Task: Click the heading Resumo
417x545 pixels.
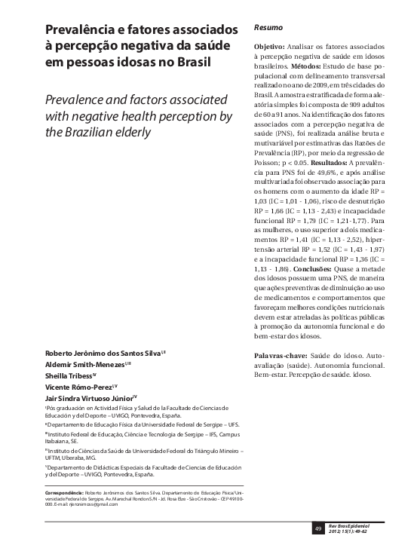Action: (268, 27)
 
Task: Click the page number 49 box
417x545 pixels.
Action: (318, 526)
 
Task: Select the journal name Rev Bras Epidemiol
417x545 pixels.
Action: (357, 522)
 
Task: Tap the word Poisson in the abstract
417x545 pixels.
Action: (268, 164)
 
